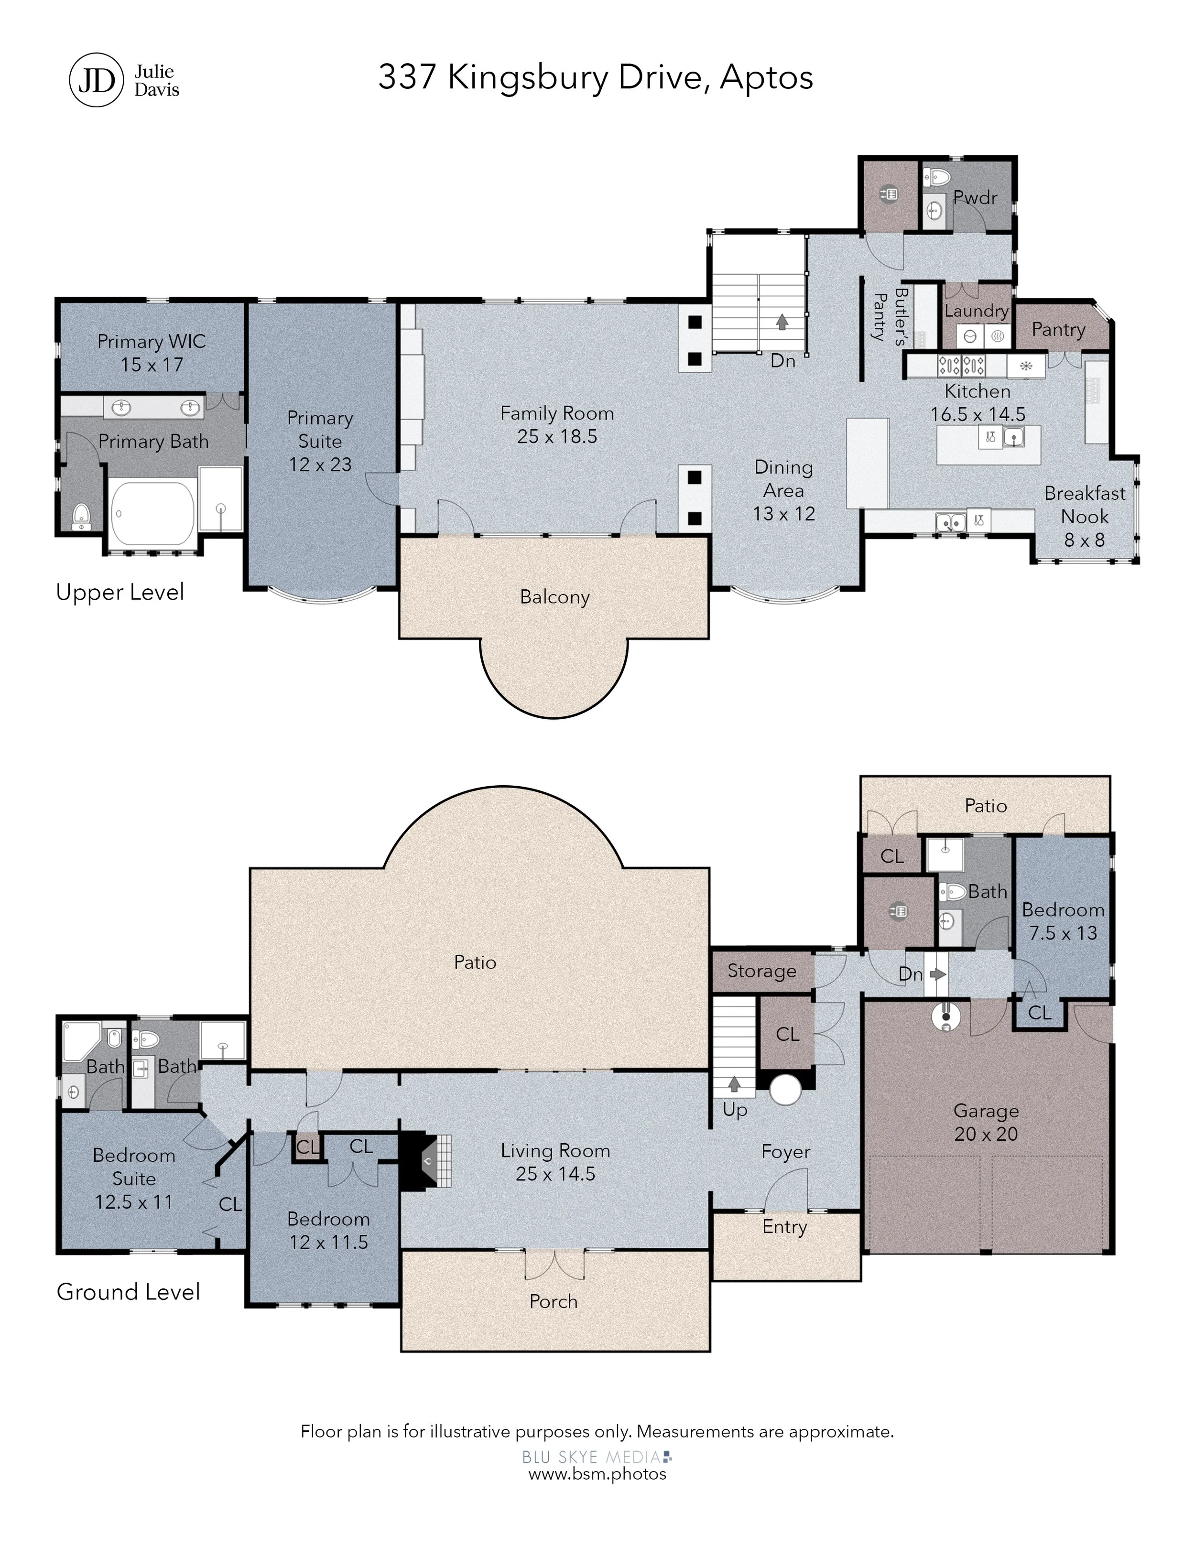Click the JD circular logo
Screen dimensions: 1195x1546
pos(96,80)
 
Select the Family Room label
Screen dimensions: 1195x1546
pos(557,425)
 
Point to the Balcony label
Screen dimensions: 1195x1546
pos(554,597)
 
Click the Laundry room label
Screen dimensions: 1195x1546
pos(976,311)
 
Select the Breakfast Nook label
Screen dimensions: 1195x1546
pos(1085,516)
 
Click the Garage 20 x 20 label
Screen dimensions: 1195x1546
pos(986,1122)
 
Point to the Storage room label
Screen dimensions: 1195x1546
pos(762,971)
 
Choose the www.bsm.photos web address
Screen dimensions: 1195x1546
pos(597,1473)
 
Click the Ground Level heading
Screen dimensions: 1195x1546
pos(128,1292)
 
